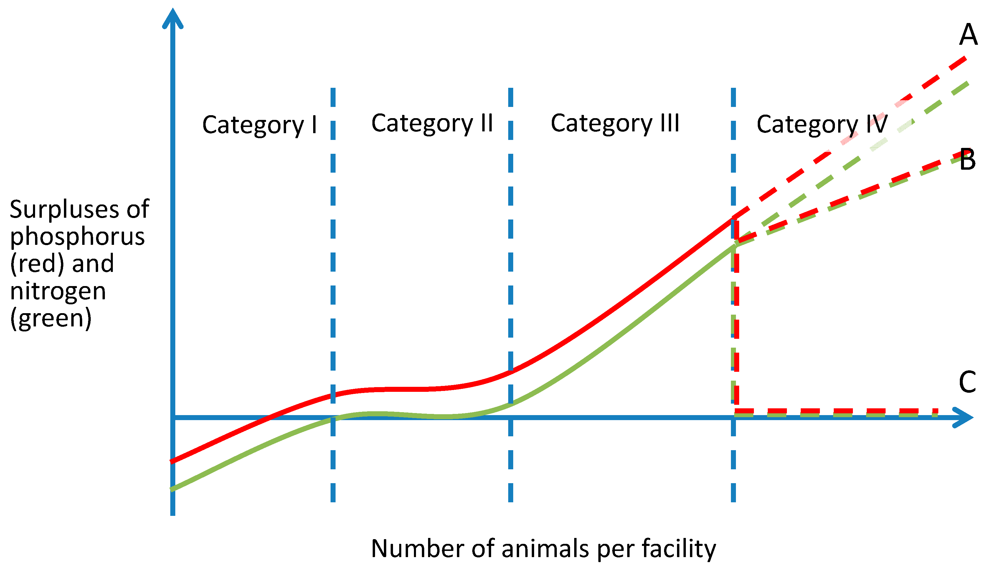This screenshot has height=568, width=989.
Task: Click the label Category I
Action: pos(259,125)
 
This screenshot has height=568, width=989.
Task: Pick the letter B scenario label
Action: pos(967,160)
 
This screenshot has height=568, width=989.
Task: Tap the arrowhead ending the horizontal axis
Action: pos(964,418)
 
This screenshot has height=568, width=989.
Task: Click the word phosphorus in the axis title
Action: pos(77,237)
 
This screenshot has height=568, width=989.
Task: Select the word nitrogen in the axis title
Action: pos(58,291)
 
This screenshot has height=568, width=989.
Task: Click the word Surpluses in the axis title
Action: pos(64,209)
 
